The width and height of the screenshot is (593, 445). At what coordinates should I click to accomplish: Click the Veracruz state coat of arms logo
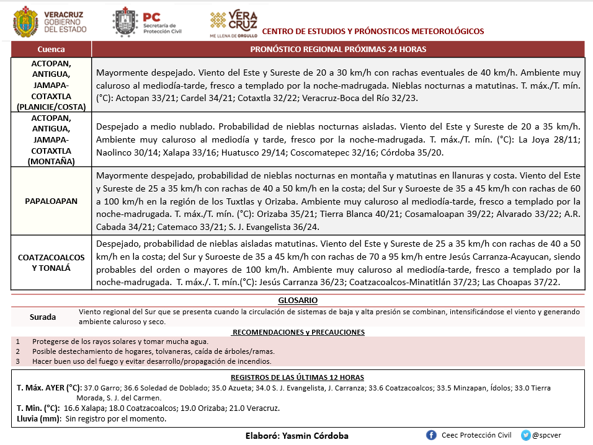point(25,22)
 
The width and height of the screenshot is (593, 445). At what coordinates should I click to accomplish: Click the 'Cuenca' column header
point(51,50)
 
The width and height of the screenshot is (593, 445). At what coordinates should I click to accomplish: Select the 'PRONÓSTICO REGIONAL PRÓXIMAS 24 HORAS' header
point(337,50)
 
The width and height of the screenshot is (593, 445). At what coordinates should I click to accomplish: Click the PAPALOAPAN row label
point(51,201)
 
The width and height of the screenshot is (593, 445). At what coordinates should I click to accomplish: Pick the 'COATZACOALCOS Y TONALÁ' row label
point(51,262)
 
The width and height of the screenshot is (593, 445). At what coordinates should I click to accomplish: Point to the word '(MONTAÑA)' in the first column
point(51,161)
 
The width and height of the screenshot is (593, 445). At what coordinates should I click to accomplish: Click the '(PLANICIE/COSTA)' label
point(51,107)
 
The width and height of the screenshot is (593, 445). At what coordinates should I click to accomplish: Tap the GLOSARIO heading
point(298,301)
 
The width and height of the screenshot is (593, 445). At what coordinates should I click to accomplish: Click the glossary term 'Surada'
point(43,317)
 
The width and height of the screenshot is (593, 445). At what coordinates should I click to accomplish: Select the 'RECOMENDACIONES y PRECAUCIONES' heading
point(298,332)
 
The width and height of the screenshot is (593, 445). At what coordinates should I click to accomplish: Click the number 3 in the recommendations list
point(18,361)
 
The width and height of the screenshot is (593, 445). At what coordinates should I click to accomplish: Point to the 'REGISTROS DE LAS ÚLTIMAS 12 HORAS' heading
point(298,377)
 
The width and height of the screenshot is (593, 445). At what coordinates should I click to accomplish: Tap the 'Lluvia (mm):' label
point(38,419)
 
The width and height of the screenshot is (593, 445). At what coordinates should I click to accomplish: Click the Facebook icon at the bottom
point(431,435)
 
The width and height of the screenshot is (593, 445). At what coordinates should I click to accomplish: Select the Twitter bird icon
point(526,435)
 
